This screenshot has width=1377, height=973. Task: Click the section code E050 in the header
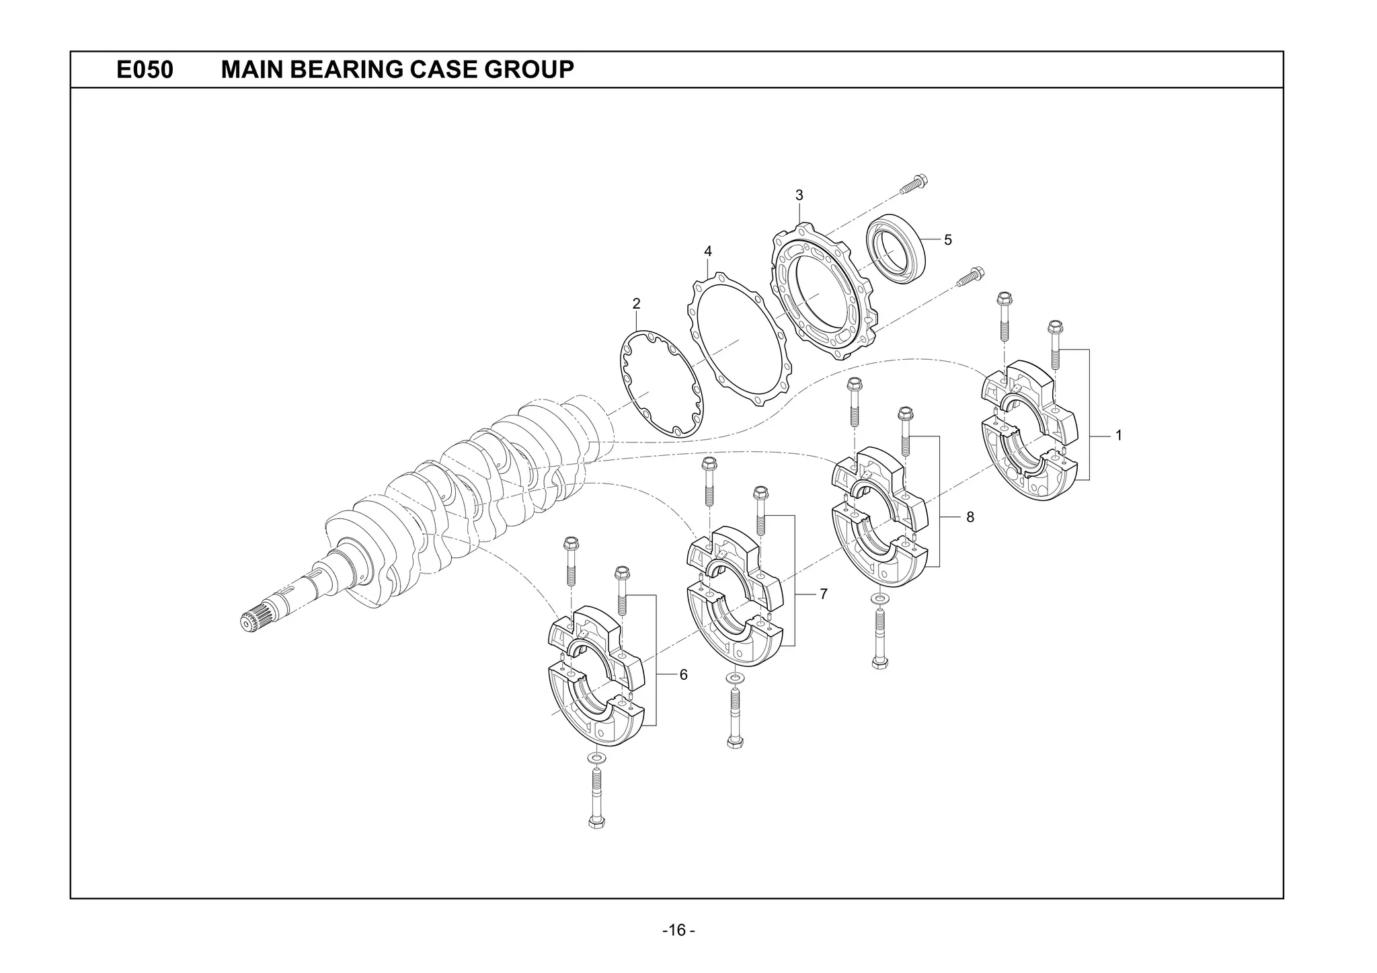[145, 69]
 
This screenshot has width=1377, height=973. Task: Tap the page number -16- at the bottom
[678, 931]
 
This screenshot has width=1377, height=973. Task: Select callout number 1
[1119, 436]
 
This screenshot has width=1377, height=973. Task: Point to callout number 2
[636, 304]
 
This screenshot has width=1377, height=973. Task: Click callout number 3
[799, 196]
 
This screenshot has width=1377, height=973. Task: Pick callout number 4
[708, 251]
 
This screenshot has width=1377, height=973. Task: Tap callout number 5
[948, 240]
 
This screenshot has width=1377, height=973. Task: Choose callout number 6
[683, 674]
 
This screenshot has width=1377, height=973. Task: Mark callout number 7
[823, 594]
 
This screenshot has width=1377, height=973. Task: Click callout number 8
[970, 517]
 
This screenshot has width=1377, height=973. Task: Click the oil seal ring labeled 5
[896, 248]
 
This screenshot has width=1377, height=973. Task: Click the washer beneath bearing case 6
[596, 758]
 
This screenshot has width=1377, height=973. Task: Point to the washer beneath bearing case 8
[877, 598]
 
